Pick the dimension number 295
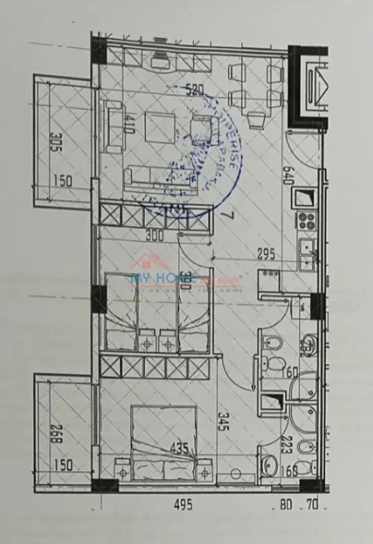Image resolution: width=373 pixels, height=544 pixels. click(x=265, y=254)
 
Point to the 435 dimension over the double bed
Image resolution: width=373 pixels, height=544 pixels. click(x=179, y=450)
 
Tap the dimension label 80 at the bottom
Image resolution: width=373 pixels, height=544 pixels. click(x=286, y=503)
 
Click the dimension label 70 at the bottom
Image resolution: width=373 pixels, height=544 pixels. click(x=312, y=503)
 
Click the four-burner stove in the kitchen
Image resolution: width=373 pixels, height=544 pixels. click(x=307, y=221)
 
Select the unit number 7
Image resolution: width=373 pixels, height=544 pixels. click(x=226, y=218)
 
